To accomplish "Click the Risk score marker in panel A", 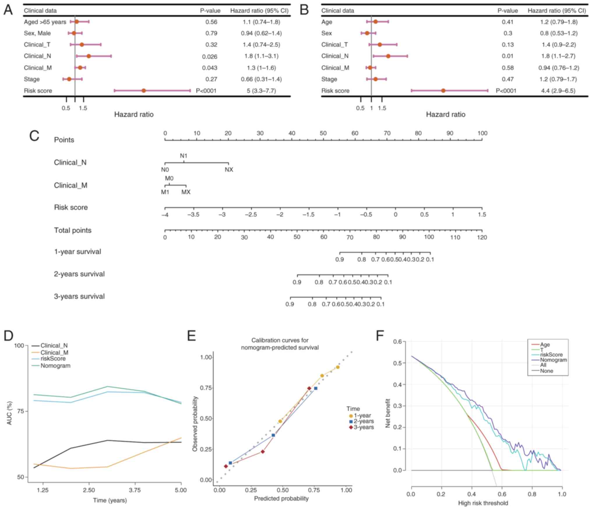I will (x=143, y=91).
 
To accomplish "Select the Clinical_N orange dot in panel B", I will (x=388, y=56).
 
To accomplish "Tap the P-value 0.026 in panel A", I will (x=209, y=56).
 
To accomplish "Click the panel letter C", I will (x=34, y=136).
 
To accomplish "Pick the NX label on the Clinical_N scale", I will (x=229, y=170).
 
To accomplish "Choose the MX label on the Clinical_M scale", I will (x=186, y=192).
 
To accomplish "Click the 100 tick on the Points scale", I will (x=482, y=134).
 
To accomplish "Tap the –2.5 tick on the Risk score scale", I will (x=251, y=215).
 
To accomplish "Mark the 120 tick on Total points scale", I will (x=482, y=237).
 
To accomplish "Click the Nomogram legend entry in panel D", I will (x=55, y=366).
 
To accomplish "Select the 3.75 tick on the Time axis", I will (x=135, y=490).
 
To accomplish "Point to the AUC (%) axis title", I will (x=10, y=413).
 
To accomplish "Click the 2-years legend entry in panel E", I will (x=363, y=421).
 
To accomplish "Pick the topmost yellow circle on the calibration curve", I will (x=338, y=367).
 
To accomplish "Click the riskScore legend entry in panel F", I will (x=551, y=355).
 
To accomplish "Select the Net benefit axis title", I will (x=388, y=413).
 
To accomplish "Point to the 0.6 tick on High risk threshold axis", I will (x=502, y=494).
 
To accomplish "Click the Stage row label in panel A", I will (x=32, y=79).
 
